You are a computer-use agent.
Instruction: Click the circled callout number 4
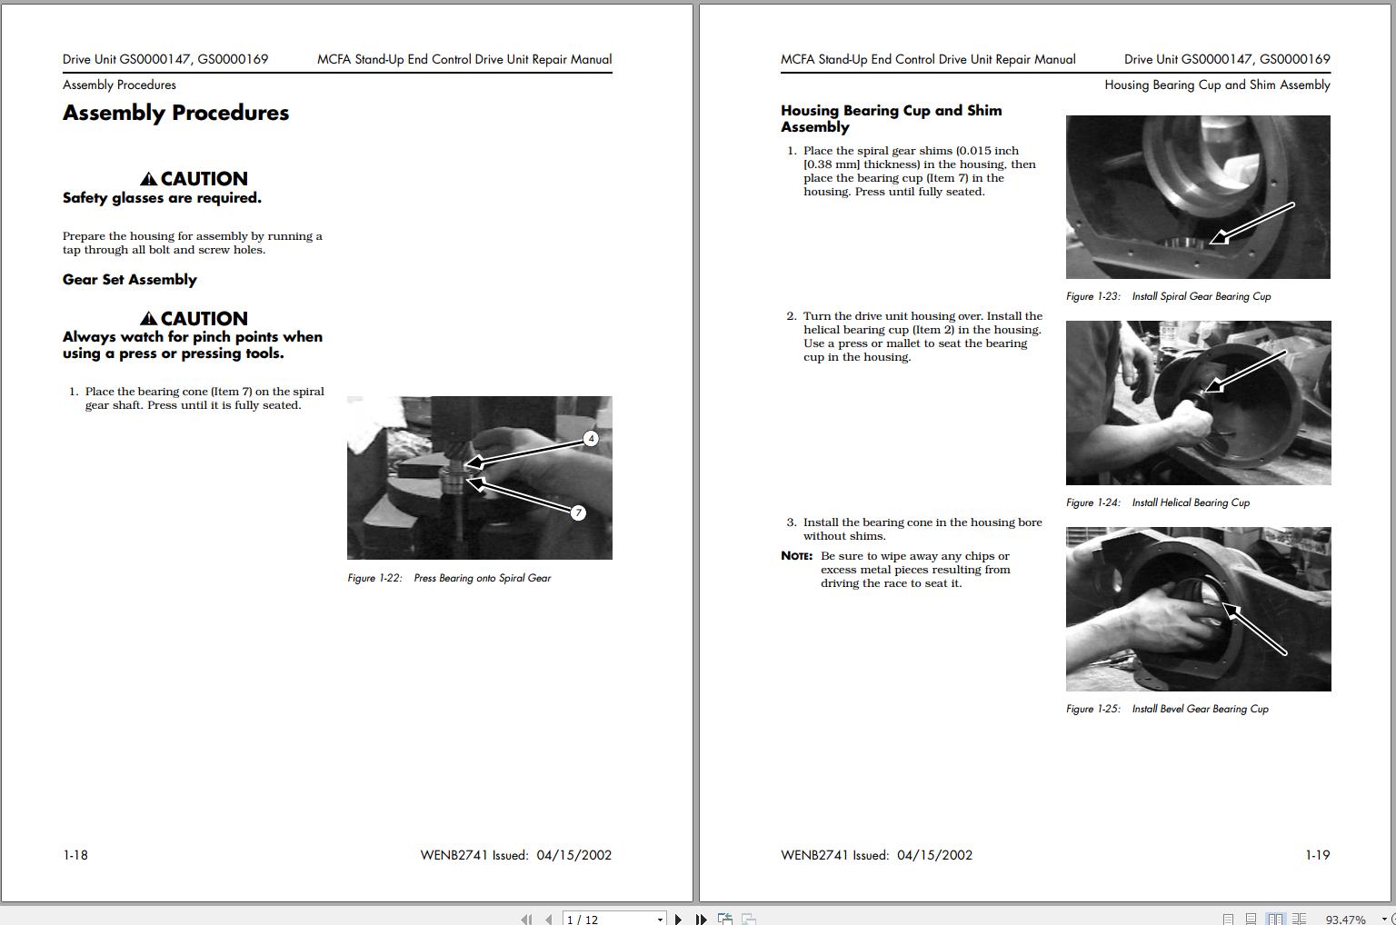click(591, 439)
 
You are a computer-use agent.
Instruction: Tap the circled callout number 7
click(578, 512)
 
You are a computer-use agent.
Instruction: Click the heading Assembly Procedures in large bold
click(175, 113)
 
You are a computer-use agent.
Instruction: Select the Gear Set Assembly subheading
click(130, 280)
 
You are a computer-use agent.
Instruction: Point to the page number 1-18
click(75, 855)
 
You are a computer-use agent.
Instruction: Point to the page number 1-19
click(1318, 855)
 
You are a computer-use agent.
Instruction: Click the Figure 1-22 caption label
click(374, 578)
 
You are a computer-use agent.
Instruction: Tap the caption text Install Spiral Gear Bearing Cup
click(1201, 296)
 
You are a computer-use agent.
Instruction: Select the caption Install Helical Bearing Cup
click(1191, 502)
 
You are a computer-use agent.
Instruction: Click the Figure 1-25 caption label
click(1093, 709)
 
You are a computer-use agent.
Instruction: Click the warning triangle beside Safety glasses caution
click(148, 179)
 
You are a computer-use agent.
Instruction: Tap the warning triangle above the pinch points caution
click(148, 319)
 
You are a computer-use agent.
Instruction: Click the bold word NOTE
click(796, 555)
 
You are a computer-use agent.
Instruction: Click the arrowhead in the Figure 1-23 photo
click(1219, 237)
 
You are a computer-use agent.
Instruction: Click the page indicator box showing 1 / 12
click(613, 919)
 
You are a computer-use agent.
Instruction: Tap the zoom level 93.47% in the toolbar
click(1345, 920)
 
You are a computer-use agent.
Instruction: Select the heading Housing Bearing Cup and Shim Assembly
click(892, 118)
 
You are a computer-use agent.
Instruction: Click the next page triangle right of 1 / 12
click(678, 920)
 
